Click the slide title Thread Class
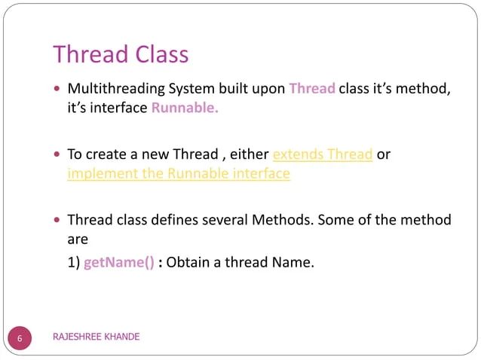(121, 54)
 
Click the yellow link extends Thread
(323, 154)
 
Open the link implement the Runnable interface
(179, 173)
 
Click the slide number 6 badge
(21, 337)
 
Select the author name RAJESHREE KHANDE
(96, 337)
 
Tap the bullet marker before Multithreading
(58, 90)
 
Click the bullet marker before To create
(58, 155)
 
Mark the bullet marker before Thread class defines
(58, 221)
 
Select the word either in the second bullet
(248, 154)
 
